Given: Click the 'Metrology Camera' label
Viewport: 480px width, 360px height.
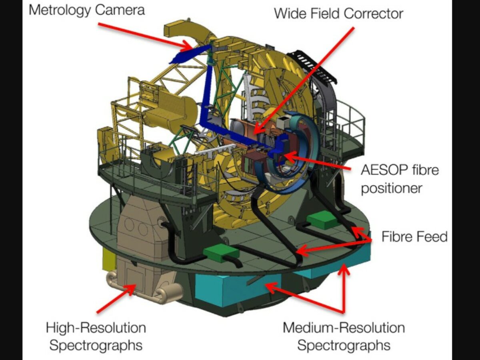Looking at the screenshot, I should click(x=86, y=9).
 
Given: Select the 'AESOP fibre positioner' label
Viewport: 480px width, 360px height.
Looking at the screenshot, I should click(x=400, y=178).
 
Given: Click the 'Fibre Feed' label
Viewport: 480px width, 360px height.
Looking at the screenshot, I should click(x=414, y=236).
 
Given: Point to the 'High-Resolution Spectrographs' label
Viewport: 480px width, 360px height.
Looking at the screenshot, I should click(x=96, y=336).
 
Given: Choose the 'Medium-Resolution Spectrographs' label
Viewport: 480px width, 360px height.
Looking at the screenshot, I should click(x=344, y=336).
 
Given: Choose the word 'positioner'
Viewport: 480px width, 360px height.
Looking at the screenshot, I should click(x=391, y=188).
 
